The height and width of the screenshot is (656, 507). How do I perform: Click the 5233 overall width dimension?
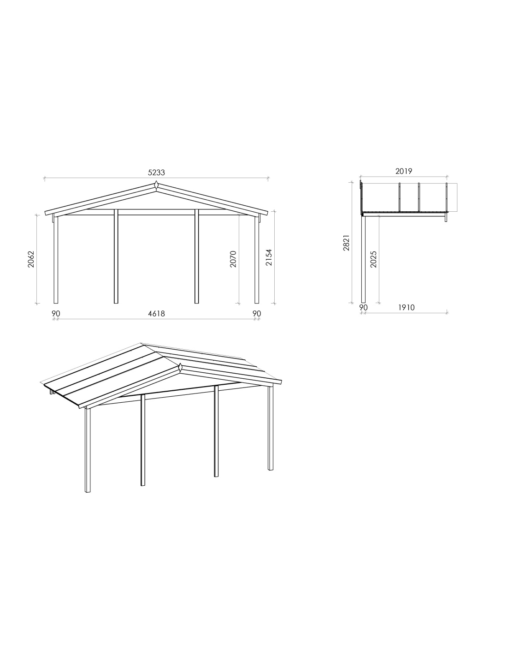click(x=156, y=173)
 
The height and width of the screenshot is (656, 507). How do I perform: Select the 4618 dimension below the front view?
click(x=156, y=314)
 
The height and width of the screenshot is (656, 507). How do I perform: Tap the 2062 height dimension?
click(x=31, y=259)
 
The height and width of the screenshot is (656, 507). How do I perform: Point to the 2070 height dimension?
click(x=233, y=259)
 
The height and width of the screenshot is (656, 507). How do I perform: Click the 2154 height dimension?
click(x=269, y=257)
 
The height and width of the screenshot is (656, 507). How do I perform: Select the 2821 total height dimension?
click(x=346, y=242)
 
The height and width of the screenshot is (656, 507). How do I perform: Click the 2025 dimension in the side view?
click(x=373, y=259)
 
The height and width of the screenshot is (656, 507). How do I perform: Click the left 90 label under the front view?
click(x=56, y=314)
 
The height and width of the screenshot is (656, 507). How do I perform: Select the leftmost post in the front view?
click(x=56, y=260)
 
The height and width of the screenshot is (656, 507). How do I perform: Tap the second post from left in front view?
click(x=116, y=256)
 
